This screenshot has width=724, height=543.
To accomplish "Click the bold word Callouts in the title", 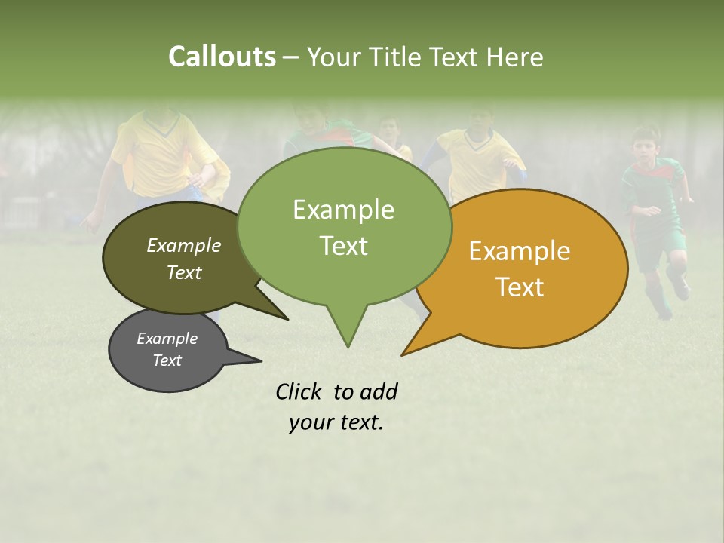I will tap(222, 57).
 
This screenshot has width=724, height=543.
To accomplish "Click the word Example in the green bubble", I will tap(343, 210).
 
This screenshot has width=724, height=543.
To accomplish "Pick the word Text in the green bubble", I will tap(343, 246).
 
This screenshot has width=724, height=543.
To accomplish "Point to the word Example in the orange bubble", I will tap(520, 251).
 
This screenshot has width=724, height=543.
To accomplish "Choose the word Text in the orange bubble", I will tap(520, 287).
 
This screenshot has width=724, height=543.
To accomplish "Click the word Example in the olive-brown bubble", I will tap(184, 245).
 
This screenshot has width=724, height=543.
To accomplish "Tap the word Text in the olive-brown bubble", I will tap(184, 272).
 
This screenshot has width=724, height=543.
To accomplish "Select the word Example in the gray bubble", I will tap(167, 339).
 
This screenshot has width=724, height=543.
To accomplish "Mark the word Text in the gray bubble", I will tap(167, 360).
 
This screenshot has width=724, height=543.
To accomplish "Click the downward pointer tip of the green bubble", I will tap(348, 346).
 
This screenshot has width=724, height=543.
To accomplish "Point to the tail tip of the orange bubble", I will tap(403, 354).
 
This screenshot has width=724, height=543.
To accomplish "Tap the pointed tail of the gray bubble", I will tap(259, 360).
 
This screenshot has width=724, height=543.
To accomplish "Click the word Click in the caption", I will tap(301, 391).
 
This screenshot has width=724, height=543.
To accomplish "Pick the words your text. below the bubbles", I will tap(336, 423).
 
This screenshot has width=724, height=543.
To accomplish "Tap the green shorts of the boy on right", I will tap(662, 246).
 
